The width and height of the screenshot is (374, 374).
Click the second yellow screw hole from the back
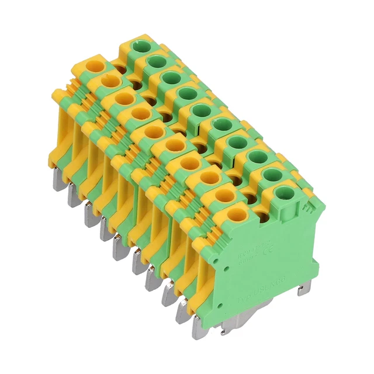pos(109,79)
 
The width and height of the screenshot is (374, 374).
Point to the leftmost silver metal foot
pos(72,195)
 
